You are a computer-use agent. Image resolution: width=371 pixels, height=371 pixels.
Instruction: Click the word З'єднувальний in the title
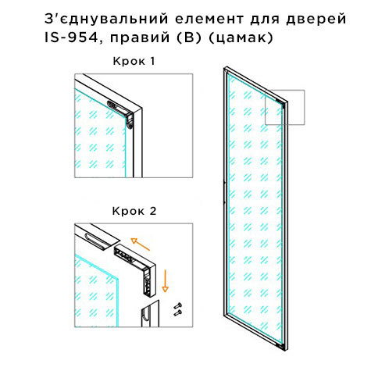point(106,19)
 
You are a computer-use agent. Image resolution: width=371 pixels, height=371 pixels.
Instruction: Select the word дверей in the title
point(316,20)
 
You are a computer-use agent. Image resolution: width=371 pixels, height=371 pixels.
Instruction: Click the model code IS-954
point(71,38)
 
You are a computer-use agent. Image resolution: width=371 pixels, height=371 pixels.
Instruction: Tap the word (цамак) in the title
point(241,38)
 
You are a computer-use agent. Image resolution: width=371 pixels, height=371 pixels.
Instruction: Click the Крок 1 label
point(134,61)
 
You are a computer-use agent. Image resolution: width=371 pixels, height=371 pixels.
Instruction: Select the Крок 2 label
point(134,211)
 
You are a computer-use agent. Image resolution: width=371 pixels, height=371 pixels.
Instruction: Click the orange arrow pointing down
point(165,280)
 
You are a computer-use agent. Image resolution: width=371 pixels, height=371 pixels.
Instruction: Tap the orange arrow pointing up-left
point(140,244)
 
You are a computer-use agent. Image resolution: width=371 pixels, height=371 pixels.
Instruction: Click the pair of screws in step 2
point(178,309)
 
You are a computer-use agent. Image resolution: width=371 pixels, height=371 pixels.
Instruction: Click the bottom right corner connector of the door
point(280,345)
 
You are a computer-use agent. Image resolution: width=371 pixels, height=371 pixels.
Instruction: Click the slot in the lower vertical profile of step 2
point(146,316)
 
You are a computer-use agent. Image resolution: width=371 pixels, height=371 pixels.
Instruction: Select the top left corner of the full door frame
point(224,68)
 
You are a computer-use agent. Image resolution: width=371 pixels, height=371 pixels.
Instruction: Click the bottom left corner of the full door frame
point(224,316)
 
